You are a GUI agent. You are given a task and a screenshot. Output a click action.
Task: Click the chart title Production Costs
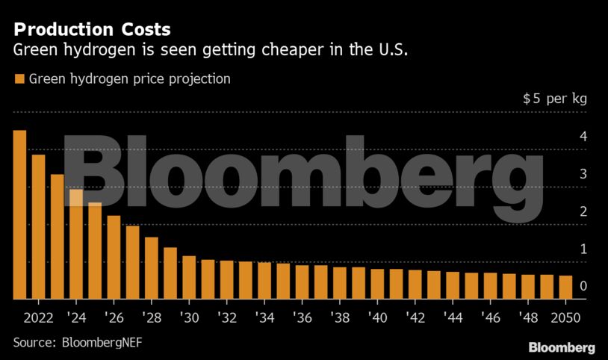pos(92,30)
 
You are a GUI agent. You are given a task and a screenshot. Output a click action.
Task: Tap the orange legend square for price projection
pos(19,78)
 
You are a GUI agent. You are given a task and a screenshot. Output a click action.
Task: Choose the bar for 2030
pos(189,277)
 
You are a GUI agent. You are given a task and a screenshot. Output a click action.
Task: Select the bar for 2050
pos(566,287)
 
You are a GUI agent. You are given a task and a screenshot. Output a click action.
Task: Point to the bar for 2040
pos(377,284)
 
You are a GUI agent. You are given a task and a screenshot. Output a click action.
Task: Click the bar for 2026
pos(114,257)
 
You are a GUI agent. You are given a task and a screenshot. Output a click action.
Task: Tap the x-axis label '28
pos(151,317)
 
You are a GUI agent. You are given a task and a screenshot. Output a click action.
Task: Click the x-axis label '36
pos(302,317)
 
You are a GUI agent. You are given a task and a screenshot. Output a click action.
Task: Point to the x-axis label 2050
pos(565,317)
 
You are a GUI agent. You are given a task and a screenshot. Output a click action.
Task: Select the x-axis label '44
pos(453,317)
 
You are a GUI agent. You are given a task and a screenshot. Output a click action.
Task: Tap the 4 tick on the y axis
pos(582,137)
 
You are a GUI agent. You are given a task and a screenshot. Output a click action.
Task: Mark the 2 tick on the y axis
pos(582,211)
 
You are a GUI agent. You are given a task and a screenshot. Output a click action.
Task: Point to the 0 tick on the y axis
pos(582,286)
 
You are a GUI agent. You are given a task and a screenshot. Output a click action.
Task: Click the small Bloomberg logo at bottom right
pos(561,347)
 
